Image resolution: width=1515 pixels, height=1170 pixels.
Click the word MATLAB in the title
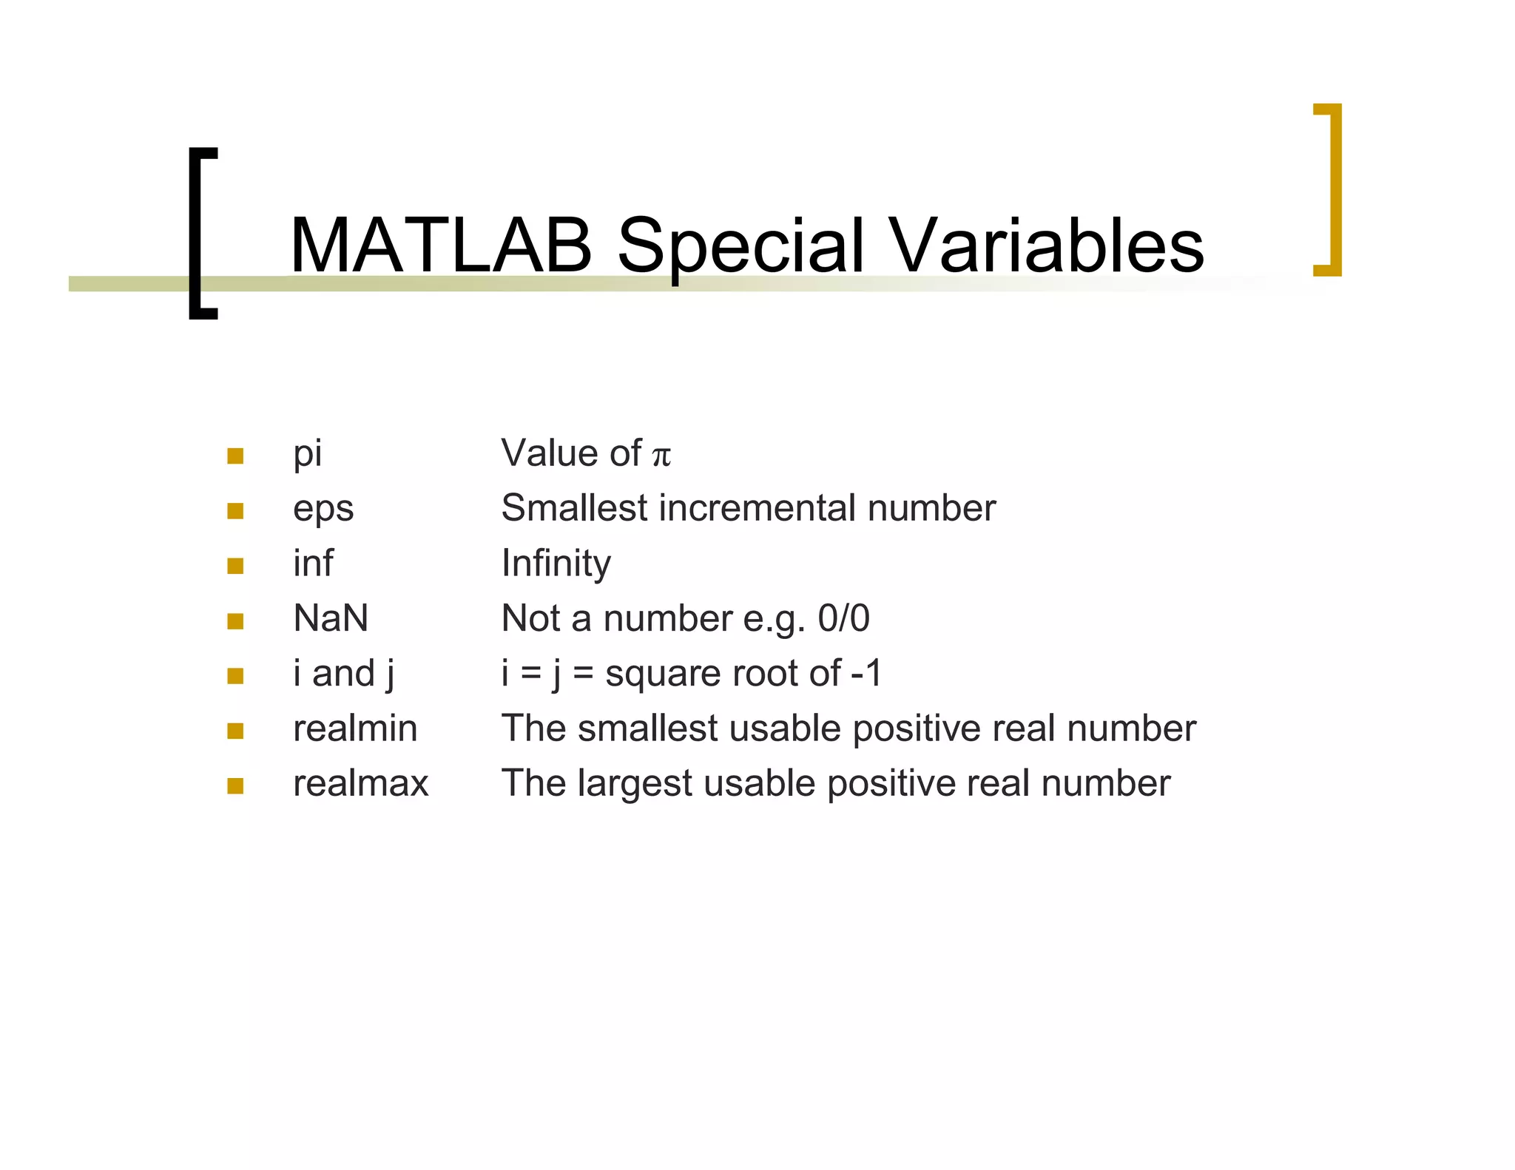coord(441,246)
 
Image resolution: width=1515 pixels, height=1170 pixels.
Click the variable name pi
coord(307,453)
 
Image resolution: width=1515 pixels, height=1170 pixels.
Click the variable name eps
coord(323,509)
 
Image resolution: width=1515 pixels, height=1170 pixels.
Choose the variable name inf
coord(313,563)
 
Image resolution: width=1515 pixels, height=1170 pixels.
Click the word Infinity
coord(556,564)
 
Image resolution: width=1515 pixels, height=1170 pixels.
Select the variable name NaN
coord(331,618)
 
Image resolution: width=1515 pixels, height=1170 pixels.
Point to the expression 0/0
coord(843,618)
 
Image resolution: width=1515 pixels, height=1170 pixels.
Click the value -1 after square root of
coord(866,673)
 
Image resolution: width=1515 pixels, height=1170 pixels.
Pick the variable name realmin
coord(355,728)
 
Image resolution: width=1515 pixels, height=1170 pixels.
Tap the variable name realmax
coord(360,783)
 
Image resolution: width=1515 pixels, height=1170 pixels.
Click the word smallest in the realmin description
coord(647,728)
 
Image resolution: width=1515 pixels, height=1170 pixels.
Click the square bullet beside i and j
coord(235,675)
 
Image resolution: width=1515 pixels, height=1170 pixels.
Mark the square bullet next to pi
coord(235,456)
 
